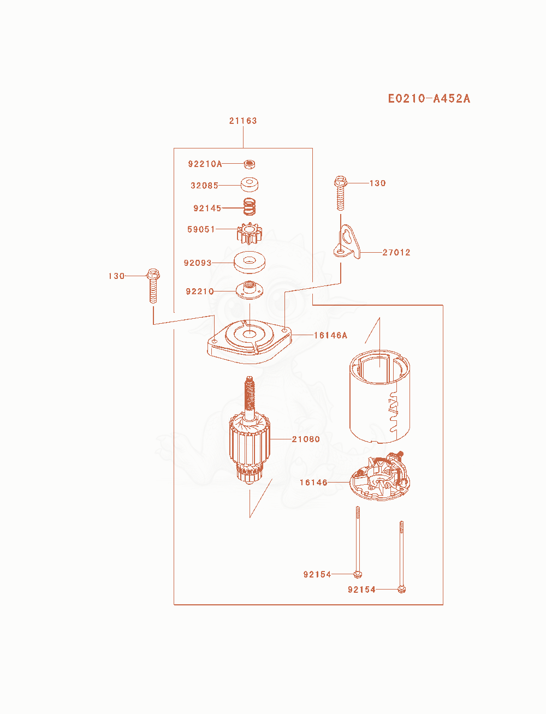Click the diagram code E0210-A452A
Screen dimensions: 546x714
(x=429, y=99)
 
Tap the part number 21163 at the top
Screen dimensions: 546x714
(x=243, y=121)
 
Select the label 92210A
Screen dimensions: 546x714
(x=205, y=164)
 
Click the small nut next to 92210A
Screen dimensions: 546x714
(x=249, y=164)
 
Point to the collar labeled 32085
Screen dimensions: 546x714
(x=249, y=184)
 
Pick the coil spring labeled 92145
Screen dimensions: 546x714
(x=249, y=206)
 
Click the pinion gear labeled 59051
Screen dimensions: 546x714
(x=249, y=233)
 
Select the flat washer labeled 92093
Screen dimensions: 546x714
(x=249, y=262)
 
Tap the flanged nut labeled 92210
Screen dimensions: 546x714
(x=249, y=290)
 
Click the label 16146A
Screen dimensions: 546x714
(x=330, y=335)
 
